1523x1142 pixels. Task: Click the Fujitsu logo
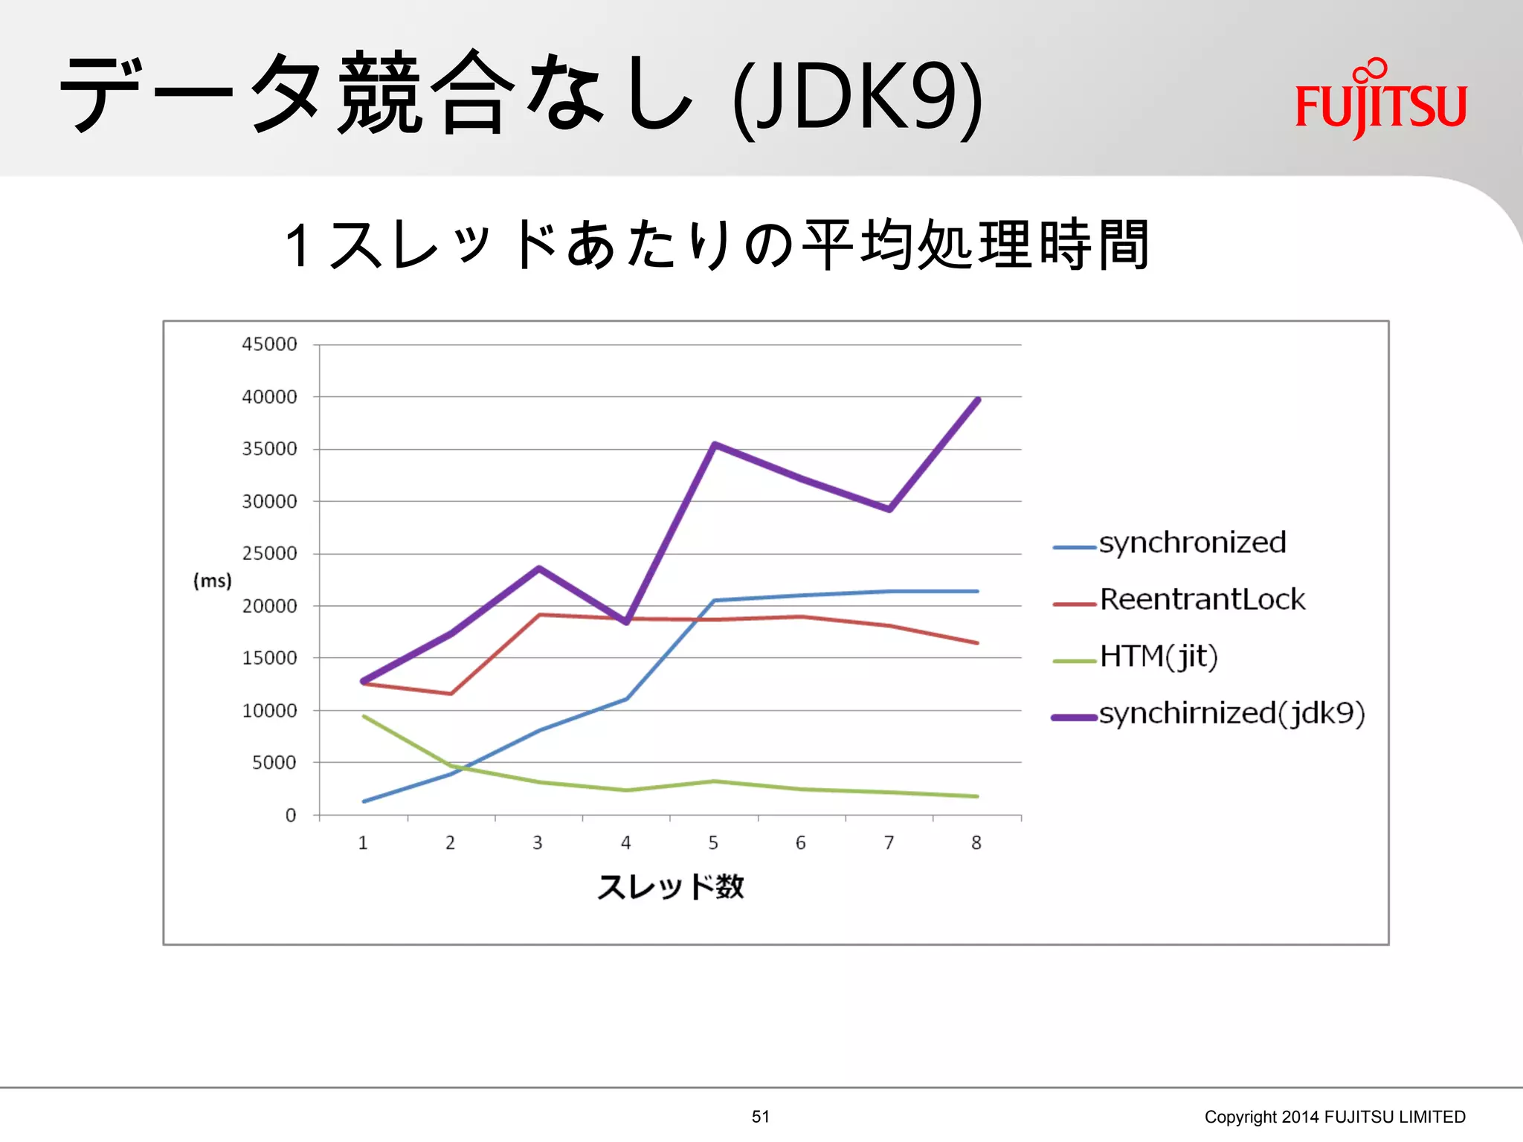[1380, 100]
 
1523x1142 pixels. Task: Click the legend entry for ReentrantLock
[1201, 600]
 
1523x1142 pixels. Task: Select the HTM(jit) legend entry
[1158, 657]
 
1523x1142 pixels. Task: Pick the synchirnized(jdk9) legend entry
[1231, 714]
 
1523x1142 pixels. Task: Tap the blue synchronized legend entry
[1192, 543]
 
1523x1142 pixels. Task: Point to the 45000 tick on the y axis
[269, 344]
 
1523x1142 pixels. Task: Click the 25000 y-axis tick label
[269, 554]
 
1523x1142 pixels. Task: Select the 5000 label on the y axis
[274, 763]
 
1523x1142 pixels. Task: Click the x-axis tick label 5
[713, 843]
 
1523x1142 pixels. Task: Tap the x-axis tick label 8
[976, 843]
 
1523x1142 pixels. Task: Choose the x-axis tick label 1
[363, 843]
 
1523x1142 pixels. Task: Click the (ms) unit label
[213, 581]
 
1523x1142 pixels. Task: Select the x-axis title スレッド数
[671, 887]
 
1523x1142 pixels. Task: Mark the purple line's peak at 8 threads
[978, 400]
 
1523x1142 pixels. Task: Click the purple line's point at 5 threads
[714, 445]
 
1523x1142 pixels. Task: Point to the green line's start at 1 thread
[363, 716]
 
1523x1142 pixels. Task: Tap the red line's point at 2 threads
[451, 694]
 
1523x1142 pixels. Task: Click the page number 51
[761, 1117]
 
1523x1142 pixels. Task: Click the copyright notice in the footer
[1335, 1117]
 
